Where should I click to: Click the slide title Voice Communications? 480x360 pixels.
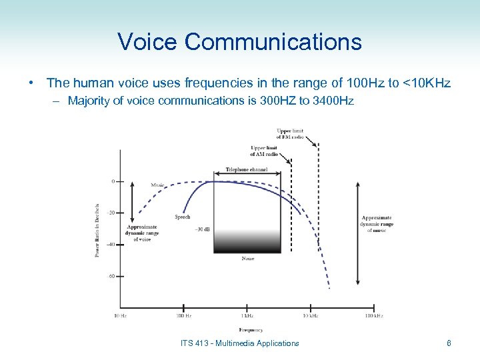point(239,42)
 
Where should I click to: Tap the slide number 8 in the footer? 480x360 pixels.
point(449,343)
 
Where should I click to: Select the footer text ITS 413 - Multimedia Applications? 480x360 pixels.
point(240,343)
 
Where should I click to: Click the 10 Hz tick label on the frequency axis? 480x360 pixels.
point(120,315)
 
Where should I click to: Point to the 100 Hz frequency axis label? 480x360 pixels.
point(184,315)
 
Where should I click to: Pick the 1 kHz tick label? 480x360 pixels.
point(247,315)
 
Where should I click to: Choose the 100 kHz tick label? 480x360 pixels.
point(373,315)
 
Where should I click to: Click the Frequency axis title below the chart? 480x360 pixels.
point(251,329)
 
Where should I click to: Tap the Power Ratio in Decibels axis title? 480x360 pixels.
point(97,230)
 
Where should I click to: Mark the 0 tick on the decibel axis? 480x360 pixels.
point(113,181)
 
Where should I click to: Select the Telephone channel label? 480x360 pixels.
point(246,169)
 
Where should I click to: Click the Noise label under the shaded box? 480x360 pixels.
point(247,259)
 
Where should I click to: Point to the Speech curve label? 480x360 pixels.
point(183,217)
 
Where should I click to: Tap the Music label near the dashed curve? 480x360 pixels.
point(157,185)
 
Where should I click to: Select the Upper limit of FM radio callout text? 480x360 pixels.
point(290,133)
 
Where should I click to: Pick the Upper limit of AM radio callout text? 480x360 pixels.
point(264,151)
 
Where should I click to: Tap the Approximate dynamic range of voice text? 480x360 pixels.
point(142,233)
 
